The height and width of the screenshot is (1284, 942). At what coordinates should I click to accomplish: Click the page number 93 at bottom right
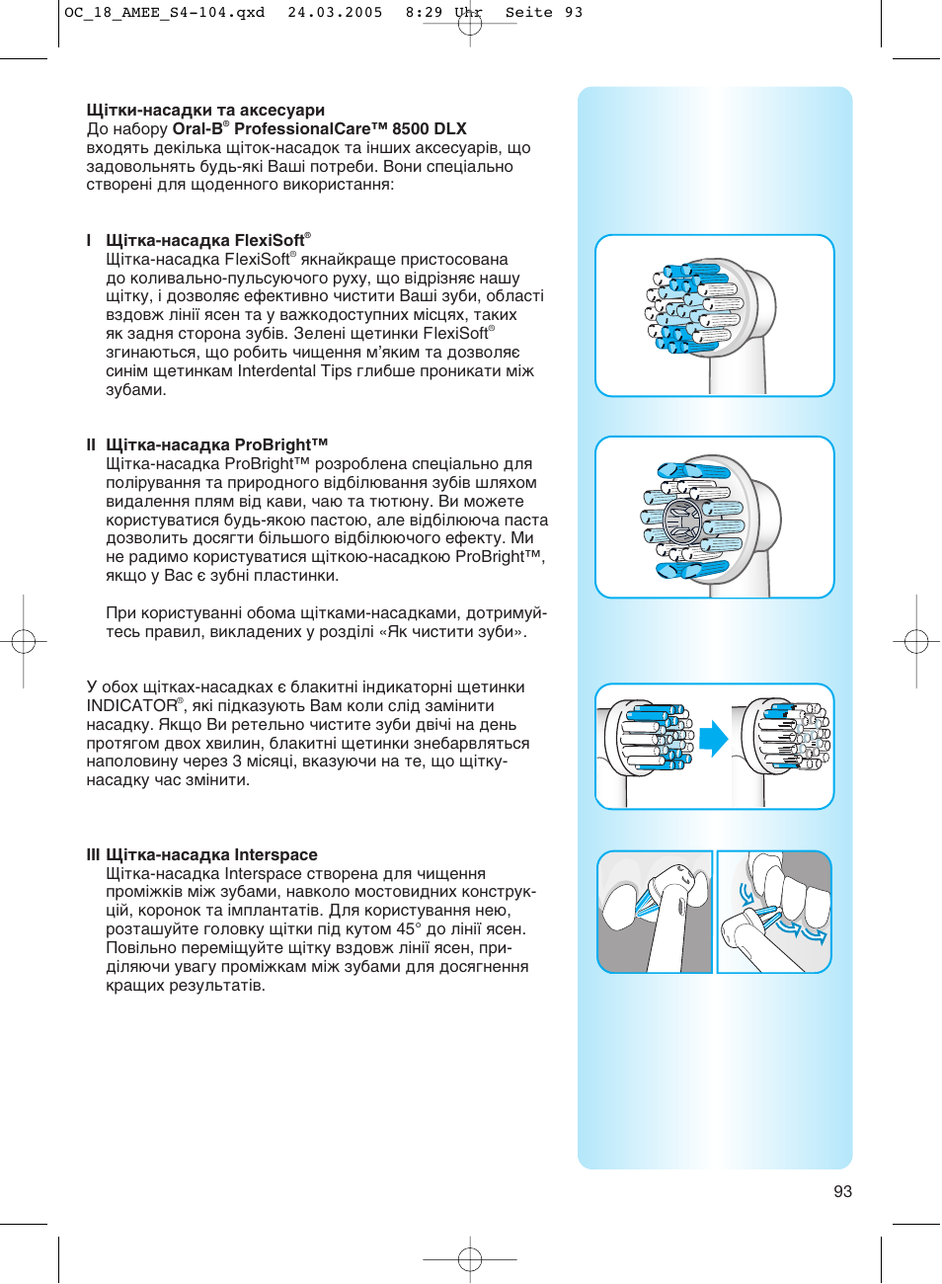pos(842,1191)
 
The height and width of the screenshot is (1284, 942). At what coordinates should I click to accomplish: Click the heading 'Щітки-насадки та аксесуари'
pos(205,111)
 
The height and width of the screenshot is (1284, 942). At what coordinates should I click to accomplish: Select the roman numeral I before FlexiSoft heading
pos(89,241)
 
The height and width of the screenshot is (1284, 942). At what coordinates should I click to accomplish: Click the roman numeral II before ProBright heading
pos(91,445)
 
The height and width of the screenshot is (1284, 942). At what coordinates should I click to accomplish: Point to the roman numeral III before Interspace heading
pos(93,855)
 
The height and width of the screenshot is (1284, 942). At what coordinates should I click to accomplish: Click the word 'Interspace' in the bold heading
pos(275,855)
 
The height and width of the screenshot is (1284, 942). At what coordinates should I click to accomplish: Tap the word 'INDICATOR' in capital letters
pos(131,706)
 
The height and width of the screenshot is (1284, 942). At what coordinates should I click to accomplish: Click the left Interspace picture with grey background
pos(655,912)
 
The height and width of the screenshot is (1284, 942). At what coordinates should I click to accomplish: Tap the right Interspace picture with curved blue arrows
pos(774,912)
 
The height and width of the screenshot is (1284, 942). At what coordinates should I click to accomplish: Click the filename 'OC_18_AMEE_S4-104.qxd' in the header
pos(165,13)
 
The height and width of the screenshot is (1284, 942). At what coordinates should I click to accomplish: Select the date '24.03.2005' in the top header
pos(335,13)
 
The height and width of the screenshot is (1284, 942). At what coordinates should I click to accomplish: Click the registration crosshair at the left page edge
pos(24,642)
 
